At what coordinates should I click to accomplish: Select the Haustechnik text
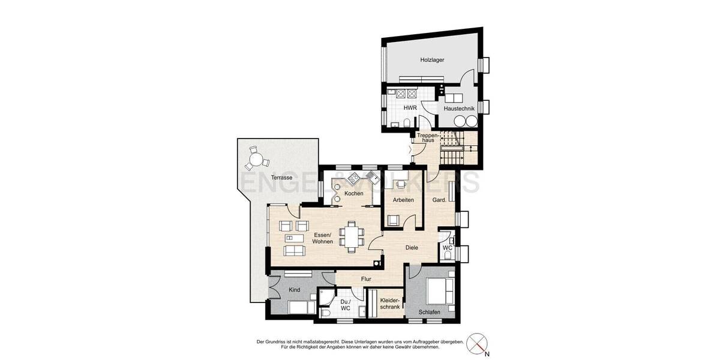pos(458,109)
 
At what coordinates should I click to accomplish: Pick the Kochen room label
pos(354,193)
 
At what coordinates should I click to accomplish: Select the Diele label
pos(411,247)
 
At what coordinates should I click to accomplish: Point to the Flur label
pos(366,279)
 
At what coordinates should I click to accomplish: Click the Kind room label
pos(294,290)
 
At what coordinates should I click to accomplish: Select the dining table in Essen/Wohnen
pos(351,235)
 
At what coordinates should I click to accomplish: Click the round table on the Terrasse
pos(257,160)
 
